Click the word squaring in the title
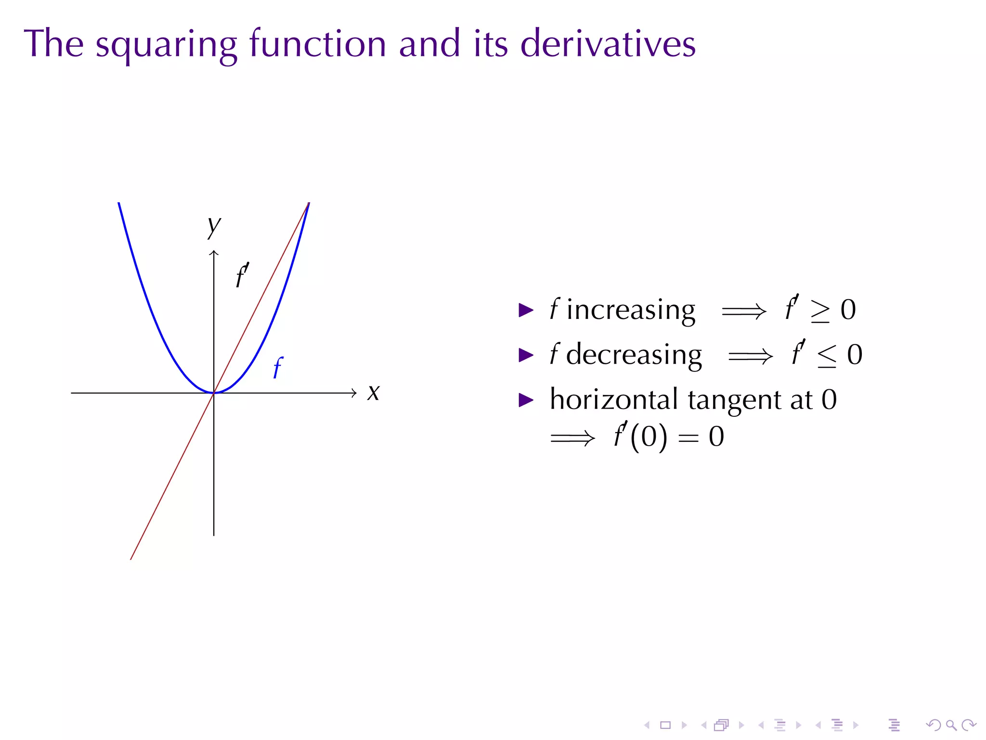pyautogui.click(x=166, y=44)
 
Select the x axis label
pyautogui.click(x=373, y=392)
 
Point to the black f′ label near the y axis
pyautogui.click(x=242, y=275)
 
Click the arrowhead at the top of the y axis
pyautogui.click(x=214, y=252)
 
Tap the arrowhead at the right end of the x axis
pyautogui.click(x=354, y=393)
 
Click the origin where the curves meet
pyautogui.click(x=214, y=393)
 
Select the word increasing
pyautogui.click(x=631, y=310)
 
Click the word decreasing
pyautogui.click(x=634, y=355)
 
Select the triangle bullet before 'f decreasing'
pyautogui.click(x=526, y=356)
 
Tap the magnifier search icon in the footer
pyautogui.click(x=951, y=725)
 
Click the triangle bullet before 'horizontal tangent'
pyautogui.click(x=526, y=400)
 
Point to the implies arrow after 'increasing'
pyautogui.click(x=744, y=311)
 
